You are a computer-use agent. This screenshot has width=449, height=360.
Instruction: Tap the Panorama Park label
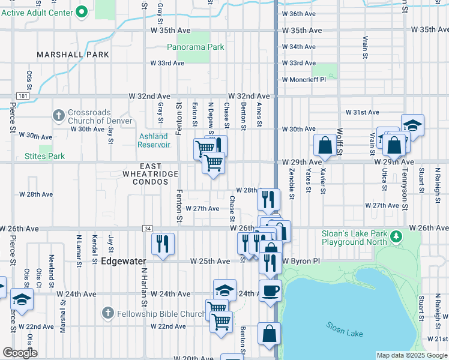(195, 47)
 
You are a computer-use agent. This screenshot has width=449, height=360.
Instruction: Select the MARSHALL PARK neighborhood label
(73, 55)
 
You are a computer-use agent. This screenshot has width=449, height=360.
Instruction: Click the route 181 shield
(22, 96)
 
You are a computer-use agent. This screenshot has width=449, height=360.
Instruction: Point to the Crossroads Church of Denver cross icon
(59, 115)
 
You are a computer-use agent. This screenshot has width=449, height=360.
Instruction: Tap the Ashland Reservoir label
(153, 140)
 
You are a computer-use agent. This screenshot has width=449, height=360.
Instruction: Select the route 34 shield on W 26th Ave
(147, 229)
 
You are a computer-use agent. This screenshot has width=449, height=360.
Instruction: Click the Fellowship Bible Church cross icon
(107, 313)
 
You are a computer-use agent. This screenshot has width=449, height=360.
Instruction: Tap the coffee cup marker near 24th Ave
(270, 290)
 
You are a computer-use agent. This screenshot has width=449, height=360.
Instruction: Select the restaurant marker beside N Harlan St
(163, 243)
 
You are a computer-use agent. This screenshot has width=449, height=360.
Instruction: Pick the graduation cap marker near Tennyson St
(412, 125)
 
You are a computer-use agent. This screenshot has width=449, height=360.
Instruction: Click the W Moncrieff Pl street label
(303, 79)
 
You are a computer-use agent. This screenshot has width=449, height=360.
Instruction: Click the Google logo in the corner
(20, 353)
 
